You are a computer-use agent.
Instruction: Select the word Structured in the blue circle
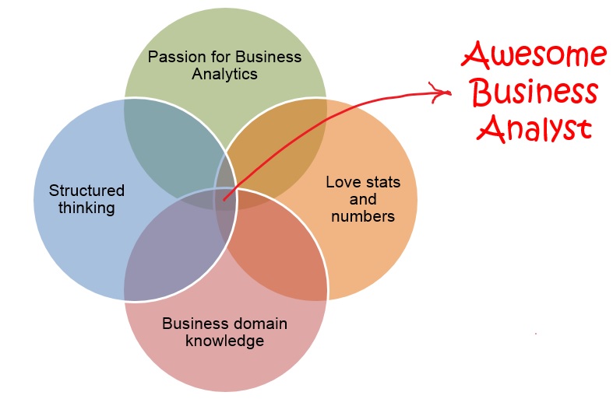click(x=86, y=191)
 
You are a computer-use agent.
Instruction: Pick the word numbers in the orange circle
click(x=363, y=216)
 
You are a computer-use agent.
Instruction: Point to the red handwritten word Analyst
click(x=535, y=128)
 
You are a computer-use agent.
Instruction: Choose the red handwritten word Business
click(x=535, y=93)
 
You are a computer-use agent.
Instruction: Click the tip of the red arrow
click(x=451, y=93)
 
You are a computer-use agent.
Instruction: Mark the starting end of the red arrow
click(x=224, y=200)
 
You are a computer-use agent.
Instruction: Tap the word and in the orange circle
click(x=363, y=200)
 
